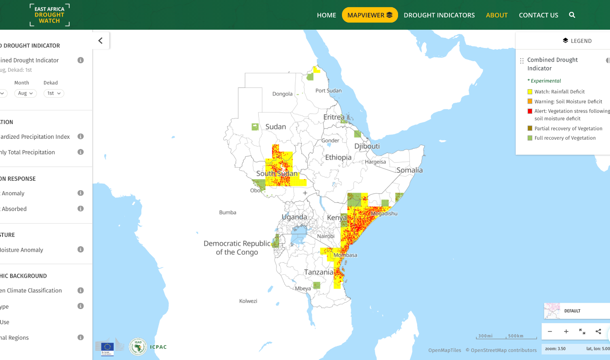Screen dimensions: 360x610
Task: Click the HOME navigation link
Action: point(326,15)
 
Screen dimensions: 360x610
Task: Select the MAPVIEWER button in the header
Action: point(370,15)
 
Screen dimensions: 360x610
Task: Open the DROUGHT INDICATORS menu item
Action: point(439,15)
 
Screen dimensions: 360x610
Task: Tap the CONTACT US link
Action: point(538,15)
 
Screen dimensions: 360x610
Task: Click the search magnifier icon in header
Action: point(572,15)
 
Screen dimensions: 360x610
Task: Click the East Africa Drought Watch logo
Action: point(49,15)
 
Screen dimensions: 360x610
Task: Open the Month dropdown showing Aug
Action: point(25,93)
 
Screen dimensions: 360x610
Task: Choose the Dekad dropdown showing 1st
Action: point(54,93)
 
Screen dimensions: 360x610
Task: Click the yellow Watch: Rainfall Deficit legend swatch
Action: point(530,92)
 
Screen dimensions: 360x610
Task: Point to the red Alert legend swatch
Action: point(530,111)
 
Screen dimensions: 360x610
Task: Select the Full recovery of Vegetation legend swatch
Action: point(530,138)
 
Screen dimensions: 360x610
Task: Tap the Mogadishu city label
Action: point(384,214)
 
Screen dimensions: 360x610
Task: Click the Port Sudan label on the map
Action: point(328,90)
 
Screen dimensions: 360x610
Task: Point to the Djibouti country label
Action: point(367,146)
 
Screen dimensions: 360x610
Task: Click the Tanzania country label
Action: point(319,272)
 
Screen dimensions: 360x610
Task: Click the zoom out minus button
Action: point(550,332)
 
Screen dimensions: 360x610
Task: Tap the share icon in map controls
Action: point(598,332)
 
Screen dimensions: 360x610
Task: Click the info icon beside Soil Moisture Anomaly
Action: point(80,250)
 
